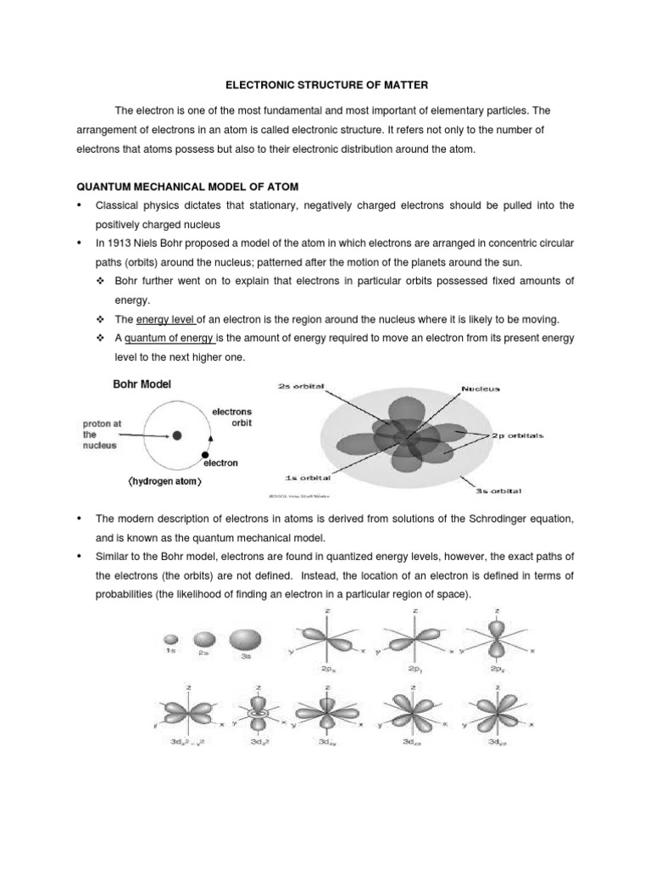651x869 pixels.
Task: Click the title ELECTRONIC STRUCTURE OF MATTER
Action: pos(325,86)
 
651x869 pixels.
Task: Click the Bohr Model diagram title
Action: pos(142,384)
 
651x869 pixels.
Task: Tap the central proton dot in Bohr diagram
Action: pos(176,435)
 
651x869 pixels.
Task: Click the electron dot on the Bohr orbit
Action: pos(204,456)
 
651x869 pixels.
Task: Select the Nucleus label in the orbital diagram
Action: pos(481,389)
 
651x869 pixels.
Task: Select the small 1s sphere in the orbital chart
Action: pos(170,638)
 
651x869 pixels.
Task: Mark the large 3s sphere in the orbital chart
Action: pos(244,637)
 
